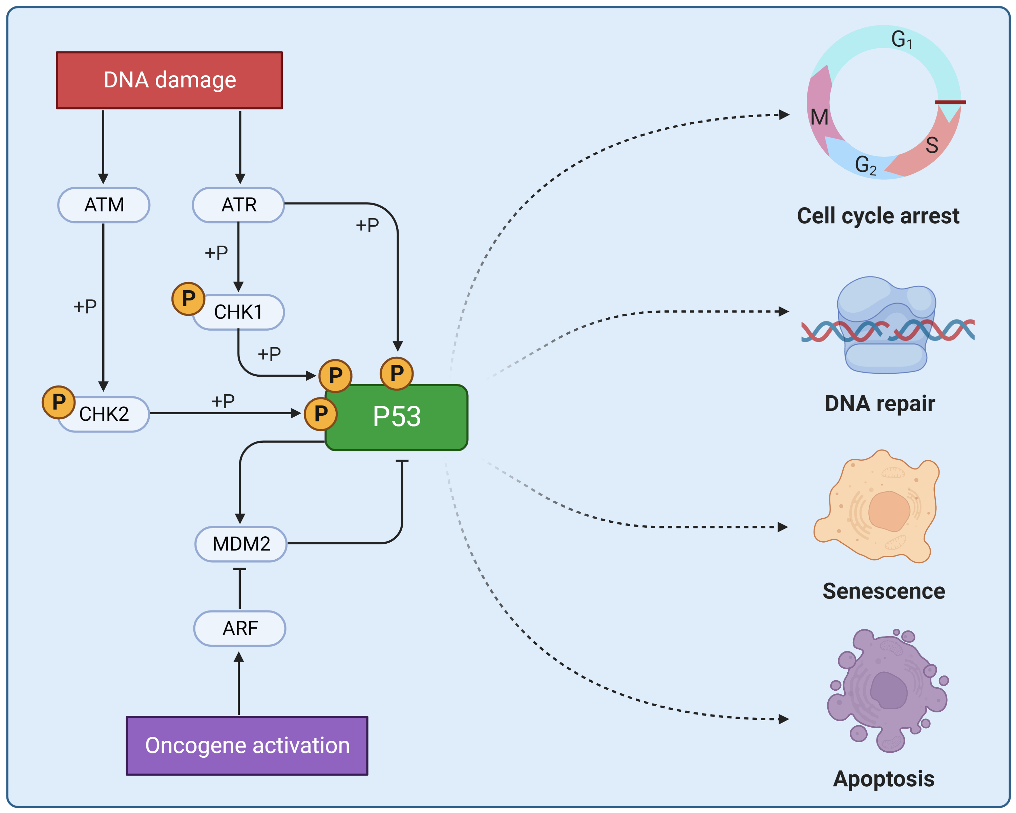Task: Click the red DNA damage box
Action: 169,80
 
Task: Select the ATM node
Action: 104,205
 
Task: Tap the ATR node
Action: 238,205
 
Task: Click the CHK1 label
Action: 238,312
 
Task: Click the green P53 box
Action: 397,417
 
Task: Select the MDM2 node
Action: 241,544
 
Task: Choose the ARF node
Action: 240,628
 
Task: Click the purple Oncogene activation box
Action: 247,746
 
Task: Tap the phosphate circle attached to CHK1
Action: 188,298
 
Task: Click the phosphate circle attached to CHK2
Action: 59,402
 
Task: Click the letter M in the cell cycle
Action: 820,117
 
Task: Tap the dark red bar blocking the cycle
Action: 950,102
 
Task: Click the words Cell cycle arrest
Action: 878,216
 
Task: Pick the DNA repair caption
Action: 879,403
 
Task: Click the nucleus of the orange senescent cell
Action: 889,512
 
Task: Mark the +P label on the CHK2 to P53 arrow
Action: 223,401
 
